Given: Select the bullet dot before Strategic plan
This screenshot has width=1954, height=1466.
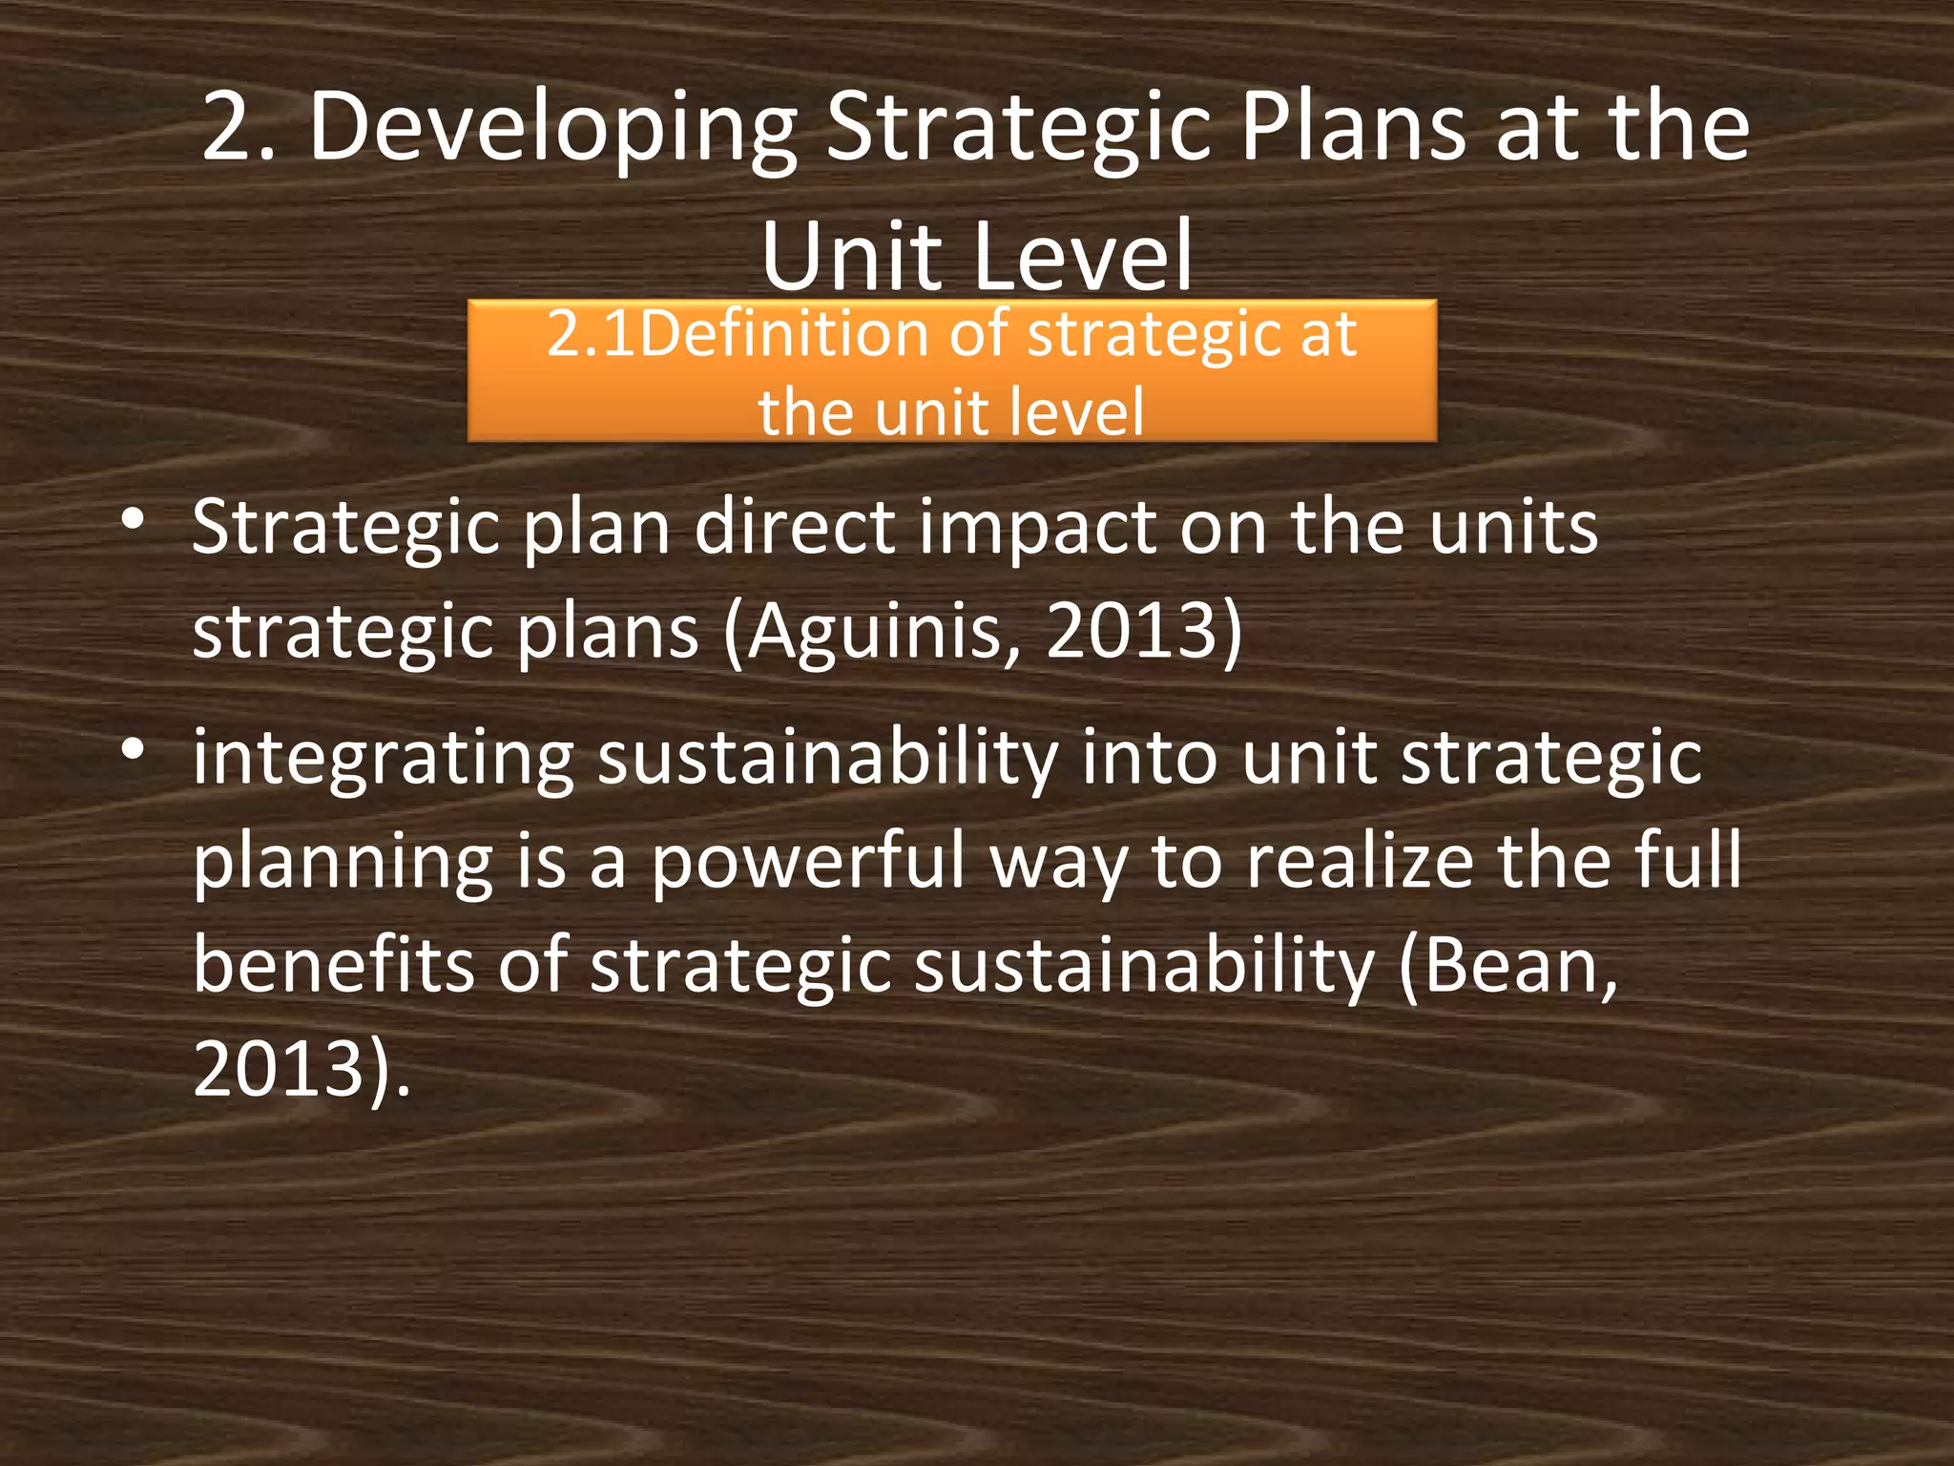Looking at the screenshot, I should click(x=134, y=521).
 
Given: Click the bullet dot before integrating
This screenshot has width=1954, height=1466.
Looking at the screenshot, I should click(x=134, y=750).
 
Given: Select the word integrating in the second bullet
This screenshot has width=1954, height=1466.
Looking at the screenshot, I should click(x=383, y=759).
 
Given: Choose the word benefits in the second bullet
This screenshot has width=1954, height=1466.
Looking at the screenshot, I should click(x=333, y=965).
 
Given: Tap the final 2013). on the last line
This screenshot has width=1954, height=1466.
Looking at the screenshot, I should click(x=301, y=1069).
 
